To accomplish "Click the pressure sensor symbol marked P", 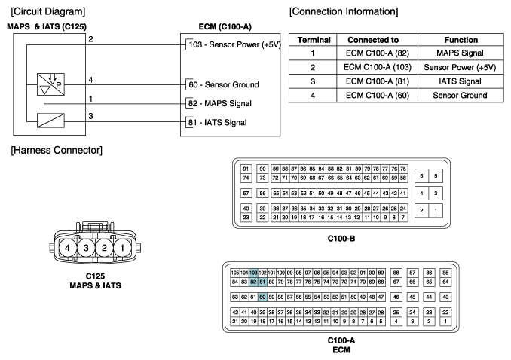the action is click(x=50, y=84).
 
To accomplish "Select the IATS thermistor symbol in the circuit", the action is click(x=50, y=121).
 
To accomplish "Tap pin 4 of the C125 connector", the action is click(x=68, y=248).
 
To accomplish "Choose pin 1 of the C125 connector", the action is click(x=122, y=248).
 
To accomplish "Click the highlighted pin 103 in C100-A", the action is click(x=253, y=273).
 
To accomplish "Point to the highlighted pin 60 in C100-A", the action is click(x=262, y=297).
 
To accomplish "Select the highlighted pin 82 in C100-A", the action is click(x=253, y=282).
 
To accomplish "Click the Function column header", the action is click(x=461, y=40).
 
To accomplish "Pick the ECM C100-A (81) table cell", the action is click(x=378, y=81).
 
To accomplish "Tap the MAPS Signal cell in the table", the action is click(x=461, y=53).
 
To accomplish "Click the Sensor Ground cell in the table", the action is click(x=461, y=96).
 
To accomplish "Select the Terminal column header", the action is click(x=314, y=40).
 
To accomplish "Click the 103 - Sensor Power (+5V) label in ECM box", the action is click(x=234, y=44).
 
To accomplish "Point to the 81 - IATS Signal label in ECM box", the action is click(x=217, y=123).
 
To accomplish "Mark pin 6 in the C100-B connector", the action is click(x=421, y=176).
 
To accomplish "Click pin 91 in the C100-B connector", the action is click(x=246, y=169).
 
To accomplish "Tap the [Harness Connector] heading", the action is click(x=57, y=150).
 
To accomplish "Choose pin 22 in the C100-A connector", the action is click(x=445, y=312).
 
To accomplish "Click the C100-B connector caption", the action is click(x=341, y=239).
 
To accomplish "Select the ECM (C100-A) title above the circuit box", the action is click(x=225, y=26).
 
